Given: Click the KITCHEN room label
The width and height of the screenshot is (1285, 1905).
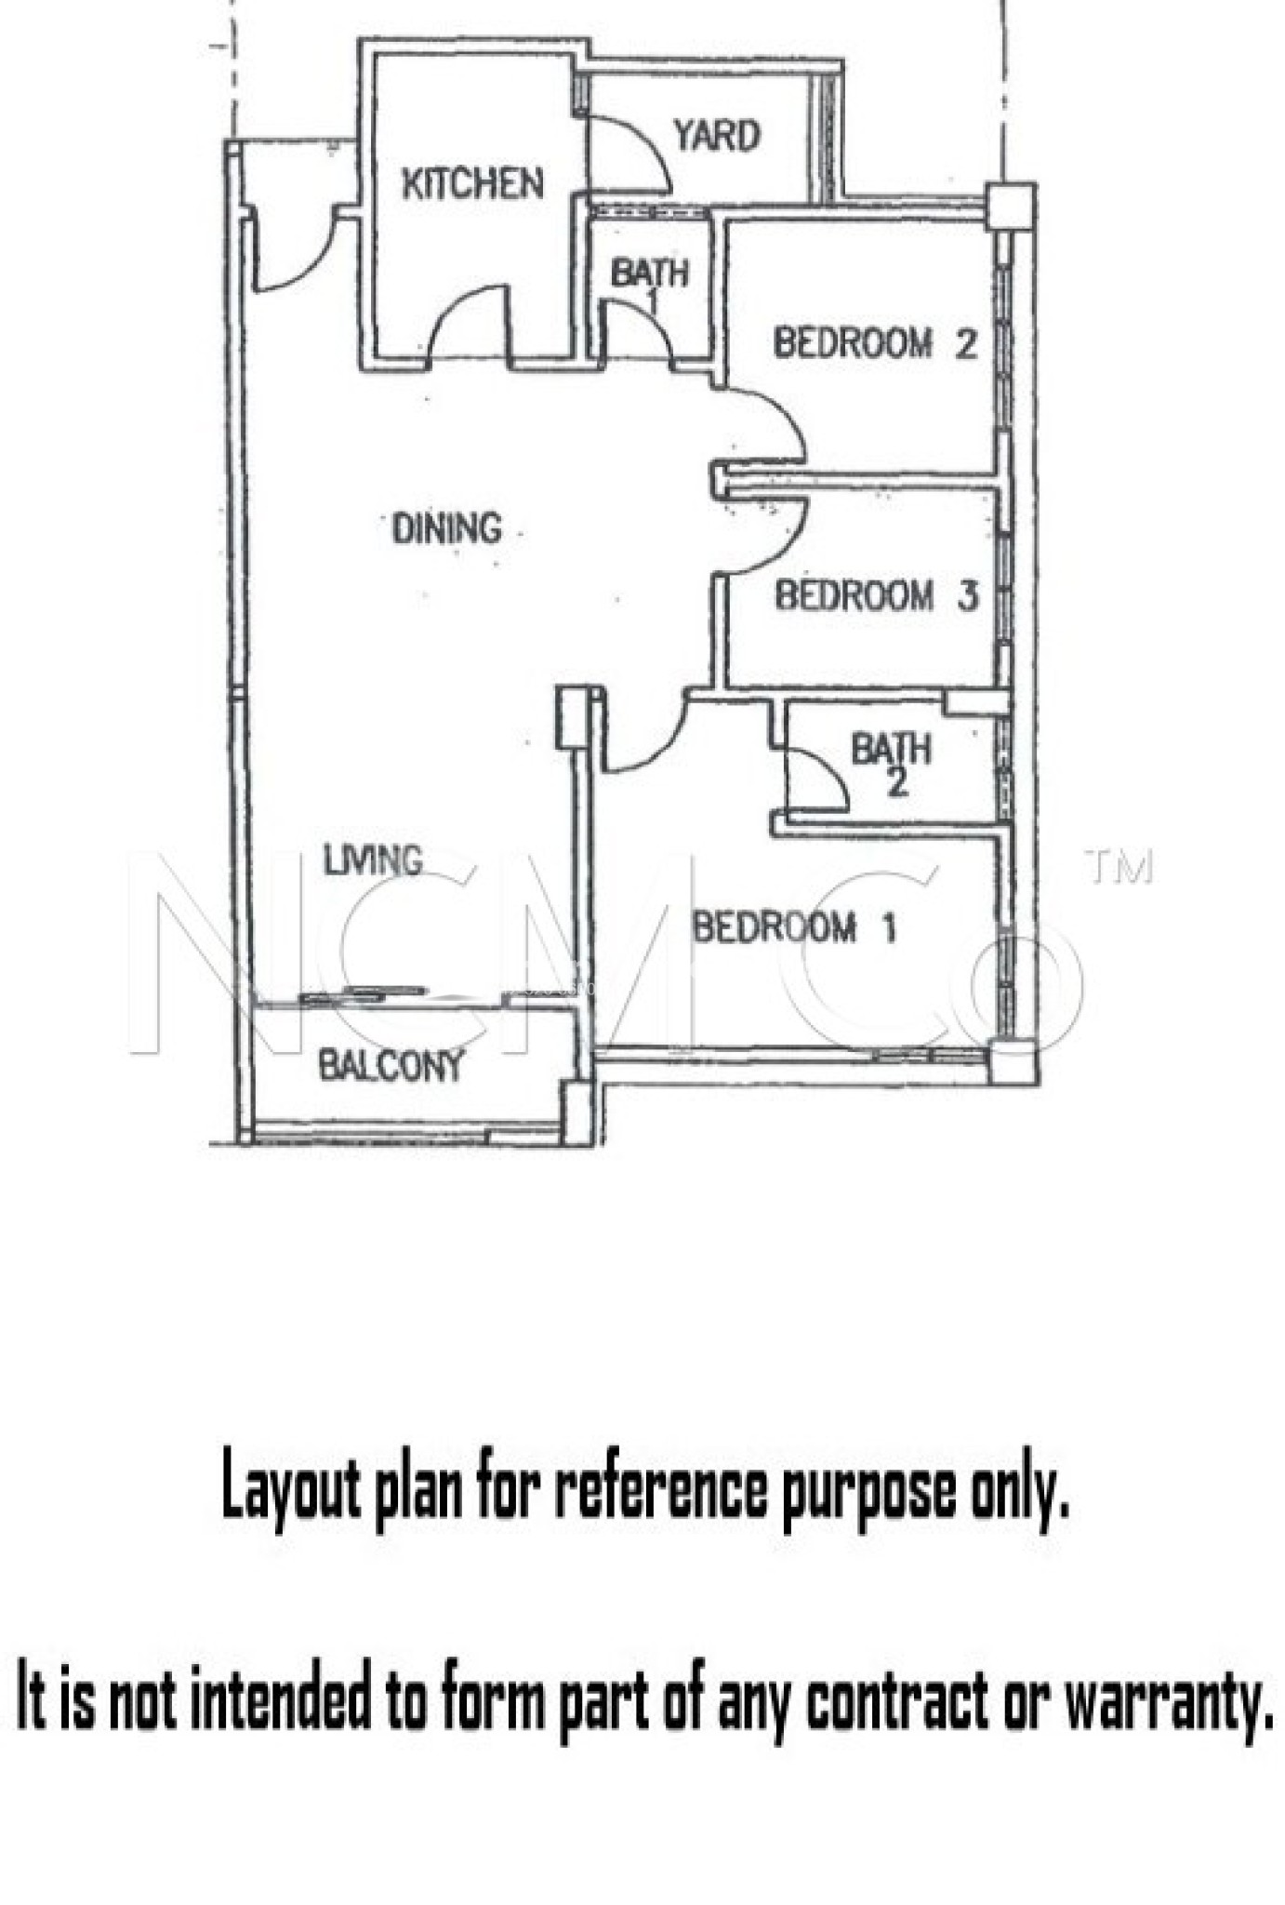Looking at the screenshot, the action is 472,183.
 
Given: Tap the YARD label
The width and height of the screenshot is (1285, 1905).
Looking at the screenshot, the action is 717,136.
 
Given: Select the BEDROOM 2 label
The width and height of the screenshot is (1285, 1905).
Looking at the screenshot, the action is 875,343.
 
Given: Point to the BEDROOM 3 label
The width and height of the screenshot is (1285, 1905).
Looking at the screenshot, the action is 877,595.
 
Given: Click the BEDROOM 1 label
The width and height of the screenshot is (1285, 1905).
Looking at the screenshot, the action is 795,927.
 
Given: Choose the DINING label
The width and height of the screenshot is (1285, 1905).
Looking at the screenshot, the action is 446,528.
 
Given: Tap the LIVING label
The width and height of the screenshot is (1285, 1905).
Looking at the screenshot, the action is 373,859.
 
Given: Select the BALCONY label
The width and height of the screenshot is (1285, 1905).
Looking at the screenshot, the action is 391,1065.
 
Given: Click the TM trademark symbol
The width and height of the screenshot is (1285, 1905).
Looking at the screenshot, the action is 1119,868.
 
